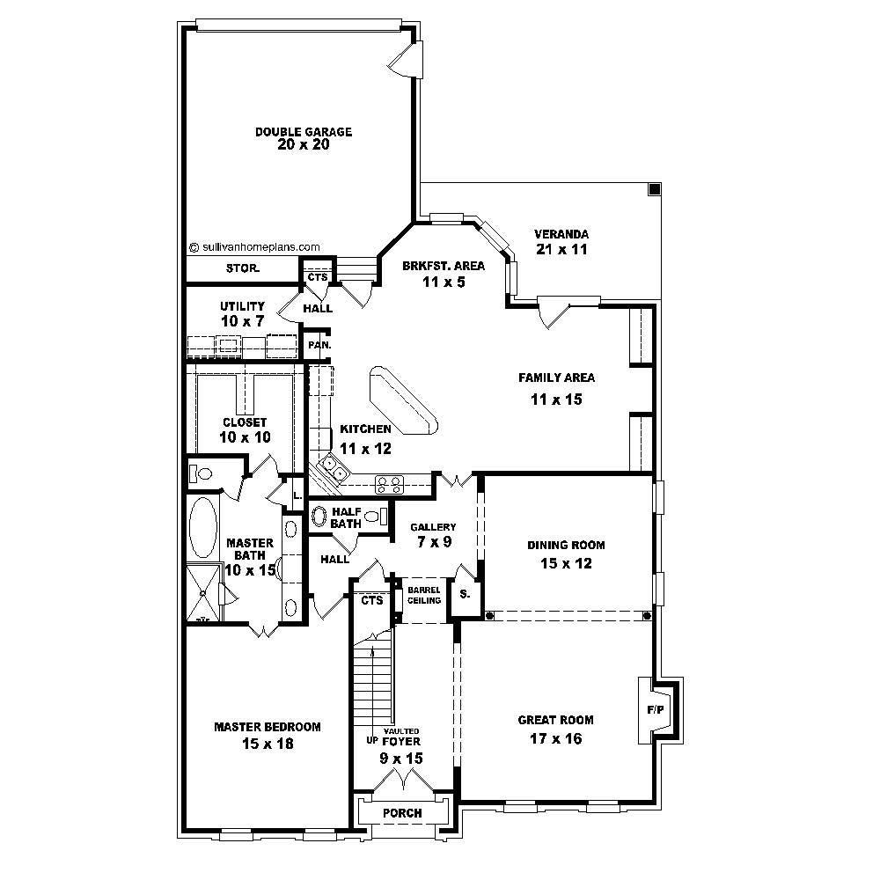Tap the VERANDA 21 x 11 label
pos(561,242)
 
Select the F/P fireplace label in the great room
pos(656,708)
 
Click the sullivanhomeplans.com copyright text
pos(254,247)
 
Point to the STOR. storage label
pos(242,268)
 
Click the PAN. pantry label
pos(319,346)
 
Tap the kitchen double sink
pos(333,467)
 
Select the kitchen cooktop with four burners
pos(390,483)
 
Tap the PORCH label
pos(402,813)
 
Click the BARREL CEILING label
pos(423,595)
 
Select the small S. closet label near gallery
pos(465,593)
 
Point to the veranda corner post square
pos(654,189)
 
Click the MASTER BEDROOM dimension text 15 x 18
pos(267,744)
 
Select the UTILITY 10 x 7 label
pos(242,314)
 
